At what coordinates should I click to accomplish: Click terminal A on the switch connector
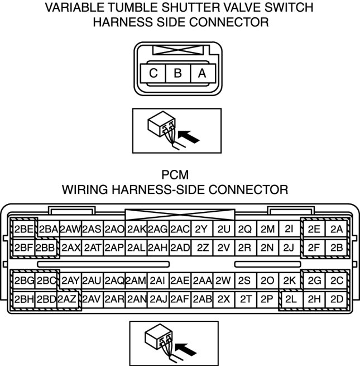coord(202,73)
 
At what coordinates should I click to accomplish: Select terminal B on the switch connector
coord(177,73)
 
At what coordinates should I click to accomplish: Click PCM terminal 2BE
coord(24,229)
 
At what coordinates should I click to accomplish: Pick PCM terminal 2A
coord(336,229)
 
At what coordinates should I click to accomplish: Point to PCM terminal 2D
coord(336,299)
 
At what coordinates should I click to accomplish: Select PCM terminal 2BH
coord(24,299)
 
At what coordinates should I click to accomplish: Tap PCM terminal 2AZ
coord(68,299)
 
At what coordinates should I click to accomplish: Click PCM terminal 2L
coord(291,299)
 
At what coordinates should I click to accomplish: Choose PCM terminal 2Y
coord(201,229)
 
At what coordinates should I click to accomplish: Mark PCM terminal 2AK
coord(136,229)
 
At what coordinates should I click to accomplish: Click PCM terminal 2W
coord(223,281)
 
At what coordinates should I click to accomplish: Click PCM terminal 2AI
coord(157,281)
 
